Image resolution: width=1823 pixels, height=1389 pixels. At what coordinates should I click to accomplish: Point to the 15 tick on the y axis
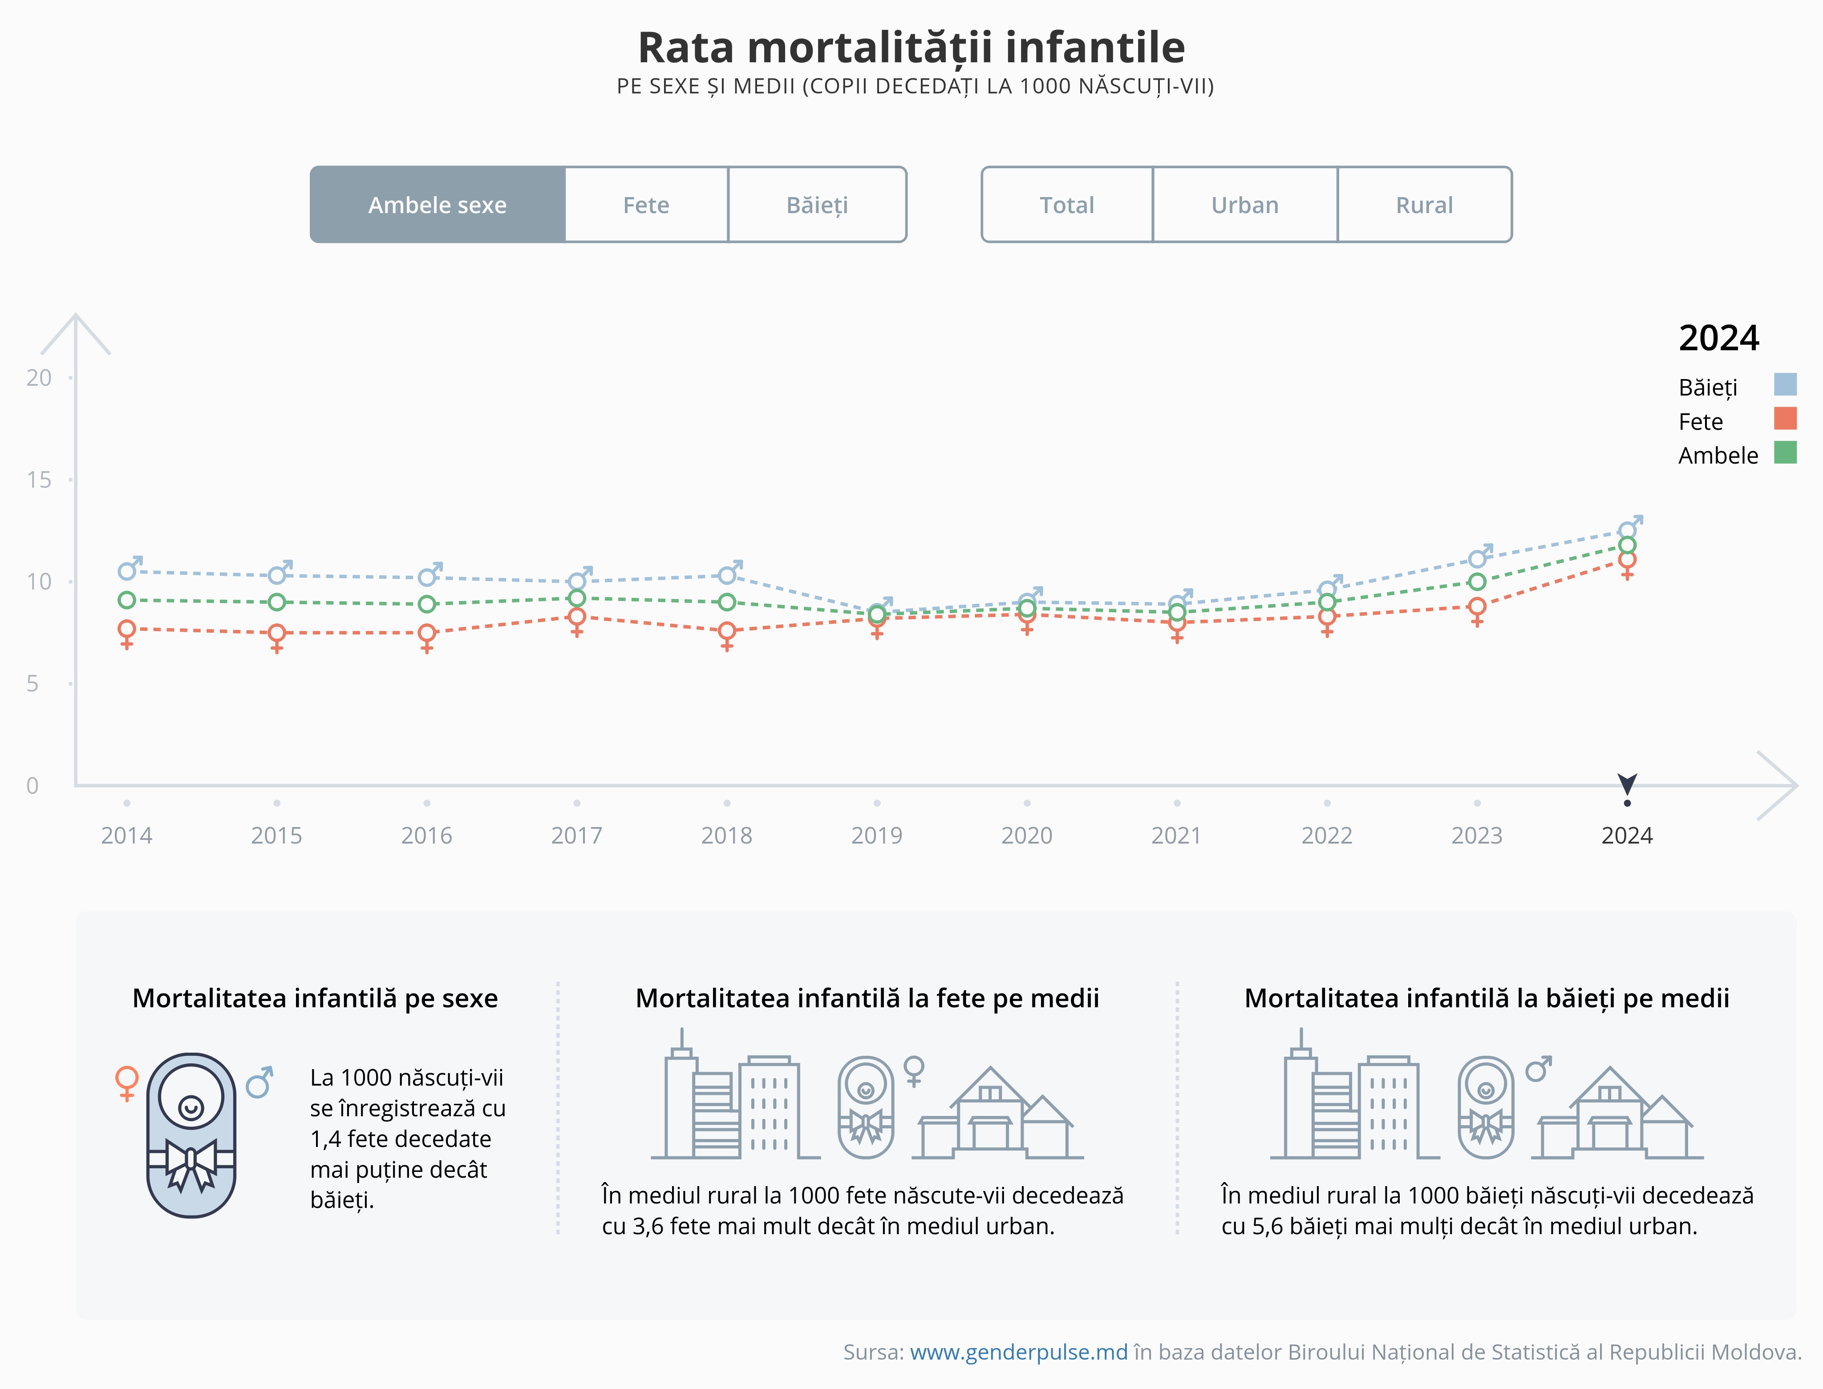(39, 480)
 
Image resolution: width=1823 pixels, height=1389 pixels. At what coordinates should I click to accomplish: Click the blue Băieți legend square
(1785, 384)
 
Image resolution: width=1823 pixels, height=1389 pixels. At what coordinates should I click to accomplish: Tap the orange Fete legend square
(1785, 418)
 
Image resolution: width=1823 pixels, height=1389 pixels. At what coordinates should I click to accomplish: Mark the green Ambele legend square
(1785, 452)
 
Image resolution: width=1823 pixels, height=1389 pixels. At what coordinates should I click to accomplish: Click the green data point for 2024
(1627, 545)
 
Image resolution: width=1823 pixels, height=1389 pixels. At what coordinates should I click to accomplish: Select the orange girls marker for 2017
(576, 617)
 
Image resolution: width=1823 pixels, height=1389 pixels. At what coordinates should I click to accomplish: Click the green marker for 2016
(427, 604)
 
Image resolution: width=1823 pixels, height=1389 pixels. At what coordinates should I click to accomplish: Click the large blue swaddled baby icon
(191, 1135)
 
